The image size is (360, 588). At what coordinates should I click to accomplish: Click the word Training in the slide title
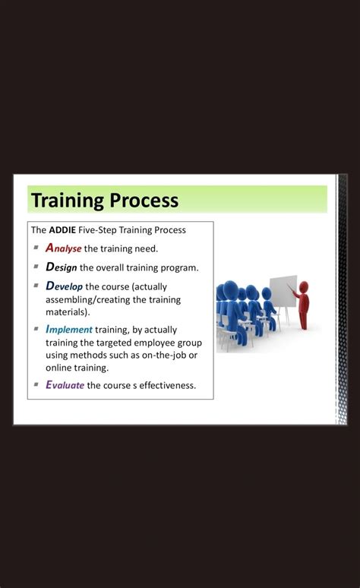pyautogui.click(x=66, y=201)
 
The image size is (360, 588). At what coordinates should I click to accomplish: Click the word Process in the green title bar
pyautogui.click(x=144, y=201)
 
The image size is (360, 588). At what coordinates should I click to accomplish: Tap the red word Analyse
pyautogui.click(x=63, y=248)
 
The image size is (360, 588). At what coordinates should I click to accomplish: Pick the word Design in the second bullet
pyautogui.click(x=61, y=267)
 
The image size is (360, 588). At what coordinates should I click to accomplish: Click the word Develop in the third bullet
pyautogui.click(x=64, y=286)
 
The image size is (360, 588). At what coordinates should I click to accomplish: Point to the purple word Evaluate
pyautogui.click(x=65, y=384)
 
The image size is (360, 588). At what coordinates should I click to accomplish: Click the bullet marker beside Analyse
pyautogui.click(x=36, y=248)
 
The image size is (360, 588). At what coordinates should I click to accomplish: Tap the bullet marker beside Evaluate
pyautogui.click(x=36, y=384)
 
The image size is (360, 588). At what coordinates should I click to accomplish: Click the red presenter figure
pyautogui.click(x=303, y=304)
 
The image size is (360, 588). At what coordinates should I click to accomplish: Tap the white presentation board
pyautogui.click(x=283, y=291)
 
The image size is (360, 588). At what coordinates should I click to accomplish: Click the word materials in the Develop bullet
pyautogui.click(x=66, y=311)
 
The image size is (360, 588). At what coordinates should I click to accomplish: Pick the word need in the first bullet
pyautogui.click(x=146, y=248)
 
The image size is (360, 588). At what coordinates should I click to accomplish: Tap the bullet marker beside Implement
pyautogui.click(x=36, y=329)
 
